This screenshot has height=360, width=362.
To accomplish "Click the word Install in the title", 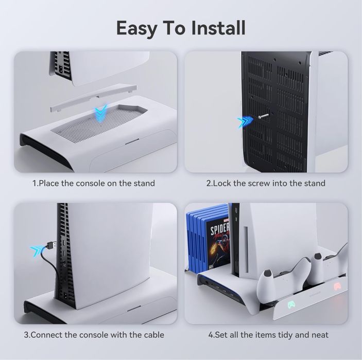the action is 218,28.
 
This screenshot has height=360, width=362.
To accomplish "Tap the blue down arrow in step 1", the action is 100,112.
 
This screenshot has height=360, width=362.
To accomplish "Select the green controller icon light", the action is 291,305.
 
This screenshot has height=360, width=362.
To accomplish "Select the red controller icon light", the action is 338,286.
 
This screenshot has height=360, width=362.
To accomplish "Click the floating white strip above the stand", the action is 94,99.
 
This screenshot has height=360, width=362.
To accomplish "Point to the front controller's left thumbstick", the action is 268,274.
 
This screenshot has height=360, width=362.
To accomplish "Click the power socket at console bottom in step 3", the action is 66,295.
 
